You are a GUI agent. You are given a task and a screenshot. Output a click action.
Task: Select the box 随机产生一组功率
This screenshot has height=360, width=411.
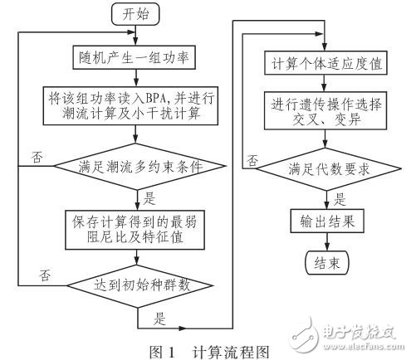(x=136, y=58)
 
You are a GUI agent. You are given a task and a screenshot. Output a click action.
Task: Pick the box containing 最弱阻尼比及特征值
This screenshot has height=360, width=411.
(x=136, y=228)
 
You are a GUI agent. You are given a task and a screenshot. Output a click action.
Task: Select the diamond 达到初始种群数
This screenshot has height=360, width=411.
(x=136, y=285)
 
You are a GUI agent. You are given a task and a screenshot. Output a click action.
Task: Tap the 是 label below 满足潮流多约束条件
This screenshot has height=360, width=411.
(x=149, y=197)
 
